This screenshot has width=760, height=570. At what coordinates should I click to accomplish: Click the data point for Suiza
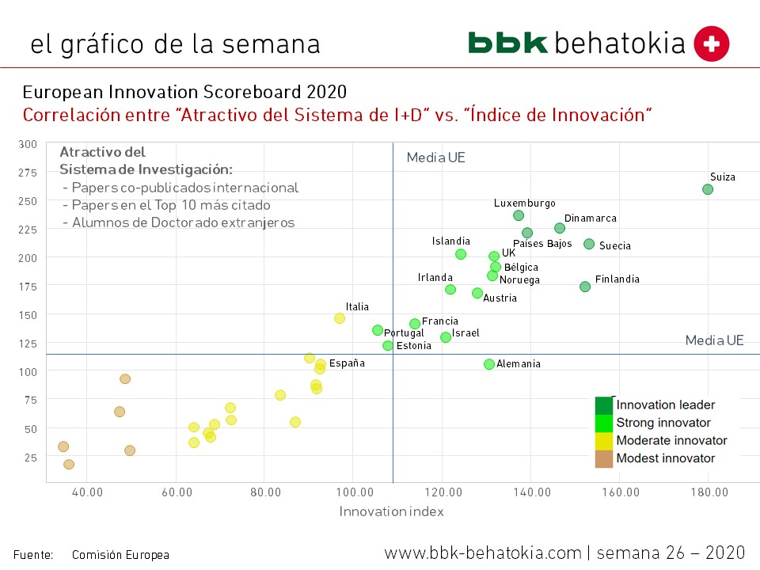708,189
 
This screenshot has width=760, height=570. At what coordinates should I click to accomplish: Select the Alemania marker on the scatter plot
489,364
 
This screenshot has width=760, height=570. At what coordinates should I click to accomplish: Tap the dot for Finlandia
585,287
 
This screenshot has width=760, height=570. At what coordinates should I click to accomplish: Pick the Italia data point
340,318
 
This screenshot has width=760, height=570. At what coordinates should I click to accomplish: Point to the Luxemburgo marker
519,215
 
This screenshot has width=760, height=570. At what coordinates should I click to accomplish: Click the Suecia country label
615,245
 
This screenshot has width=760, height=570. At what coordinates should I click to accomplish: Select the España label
347,363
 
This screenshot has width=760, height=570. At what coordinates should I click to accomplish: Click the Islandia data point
461,254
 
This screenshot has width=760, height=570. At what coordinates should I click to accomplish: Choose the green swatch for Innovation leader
604,405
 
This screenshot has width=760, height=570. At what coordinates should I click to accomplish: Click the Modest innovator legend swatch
604,458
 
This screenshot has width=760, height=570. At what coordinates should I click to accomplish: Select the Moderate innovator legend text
671,440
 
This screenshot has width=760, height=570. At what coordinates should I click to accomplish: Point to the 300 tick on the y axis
28,144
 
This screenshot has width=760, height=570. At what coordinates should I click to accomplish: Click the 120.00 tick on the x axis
443,492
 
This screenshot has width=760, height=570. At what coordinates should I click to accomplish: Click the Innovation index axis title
391,511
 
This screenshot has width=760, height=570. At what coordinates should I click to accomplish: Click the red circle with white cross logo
711,44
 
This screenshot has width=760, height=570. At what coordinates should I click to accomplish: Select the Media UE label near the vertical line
435,158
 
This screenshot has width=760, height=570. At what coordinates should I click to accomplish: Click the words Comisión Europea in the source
120,555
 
